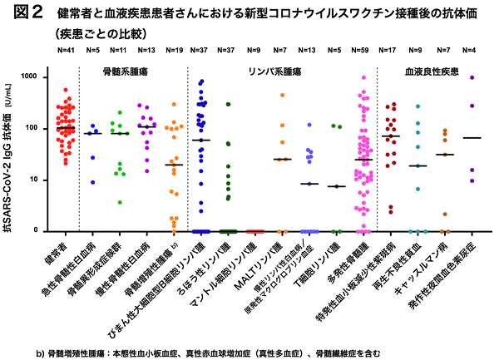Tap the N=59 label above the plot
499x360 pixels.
pyautogui.click(x=362, y=51)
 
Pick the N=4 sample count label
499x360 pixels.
pyautogui.click(x=472, y=51)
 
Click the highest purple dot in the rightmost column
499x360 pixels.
pyautogui.click(x=472, y=77)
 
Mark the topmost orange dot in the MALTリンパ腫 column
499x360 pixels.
pyautogui.click(x=282, y=95)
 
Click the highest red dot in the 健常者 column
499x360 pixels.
pyautogui.click(x=65, y=90)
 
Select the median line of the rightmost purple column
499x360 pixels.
pyautogui.click(x=472, y=138)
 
